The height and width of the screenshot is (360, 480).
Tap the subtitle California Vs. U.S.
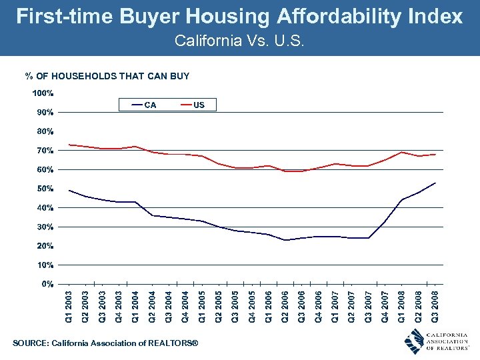coord(239,41)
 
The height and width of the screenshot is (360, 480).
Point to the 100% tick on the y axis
coord(45,93)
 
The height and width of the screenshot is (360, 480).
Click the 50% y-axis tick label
coord(45,189)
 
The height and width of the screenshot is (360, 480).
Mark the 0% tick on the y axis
coord(47,284)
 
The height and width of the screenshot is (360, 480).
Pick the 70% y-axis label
coord(45,151)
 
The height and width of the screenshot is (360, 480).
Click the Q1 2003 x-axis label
coord(69,306)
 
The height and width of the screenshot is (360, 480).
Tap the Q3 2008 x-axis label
coord(435,306)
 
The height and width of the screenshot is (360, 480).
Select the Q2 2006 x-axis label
coord(285,306)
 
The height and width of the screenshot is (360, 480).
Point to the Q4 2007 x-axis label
coord(385,306)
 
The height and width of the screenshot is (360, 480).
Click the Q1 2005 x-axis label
coord(202,306)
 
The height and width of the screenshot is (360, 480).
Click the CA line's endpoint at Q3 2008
coord(435,183)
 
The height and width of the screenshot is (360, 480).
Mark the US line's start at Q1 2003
coord(69,145)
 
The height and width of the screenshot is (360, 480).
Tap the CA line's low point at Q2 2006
coord(285,240)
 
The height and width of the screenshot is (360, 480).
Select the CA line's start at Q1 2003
coord(69,191)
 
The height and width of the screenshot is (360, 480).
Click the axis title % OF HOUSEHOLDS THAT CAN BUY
coord(107,76)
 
